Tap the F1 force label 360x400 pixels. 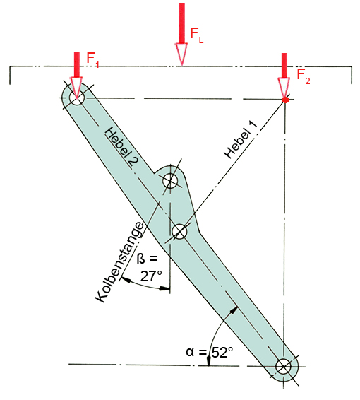tap(92, 60)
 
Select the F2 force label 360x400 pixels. tap(304, 76)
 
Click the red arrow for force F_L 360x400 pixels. tap(181, 34)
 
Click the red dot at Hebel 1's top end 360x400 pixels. tap(286, 100)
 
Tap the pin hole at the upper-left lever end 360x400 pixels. tap(77, 98)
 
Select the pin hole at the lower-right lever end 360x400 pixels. tap(283, 367)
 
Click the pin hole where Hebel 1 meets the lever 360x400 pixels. tap(179, 231)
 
